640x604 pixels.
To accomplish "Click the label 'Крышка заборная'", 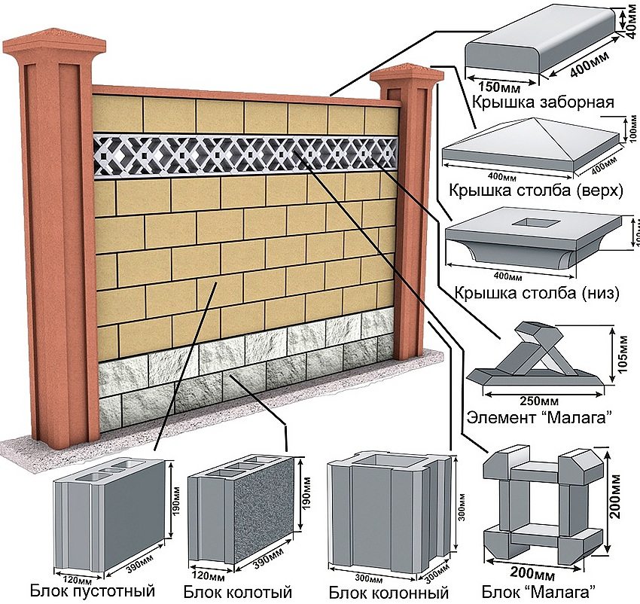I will point(543,102).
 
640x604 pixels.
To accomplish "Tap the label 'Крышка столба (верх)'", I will point(535,190).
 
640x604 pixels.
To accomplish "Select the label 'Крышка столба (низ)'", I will point(536,292).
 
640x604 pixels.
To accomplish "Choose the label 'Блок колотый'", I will point(237,590).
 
